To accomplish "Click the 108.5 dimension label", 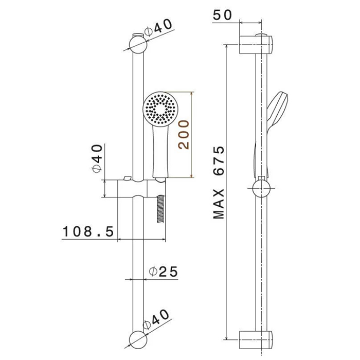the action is [88, 231].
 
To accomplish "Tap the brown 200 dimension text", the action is [184, 135].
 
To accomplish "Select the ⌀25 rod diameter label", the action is [163, 272].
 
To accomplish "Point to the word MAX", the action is [219, 204].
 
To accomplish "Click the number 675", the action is [219, 160].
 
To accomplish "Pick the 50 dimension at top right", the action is [222, 15].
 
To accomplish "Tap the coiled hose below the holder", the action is [160, 209].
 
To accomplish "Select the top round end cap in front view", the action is [138, 45].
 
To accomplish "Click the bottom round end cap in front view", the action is [138, 340].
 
